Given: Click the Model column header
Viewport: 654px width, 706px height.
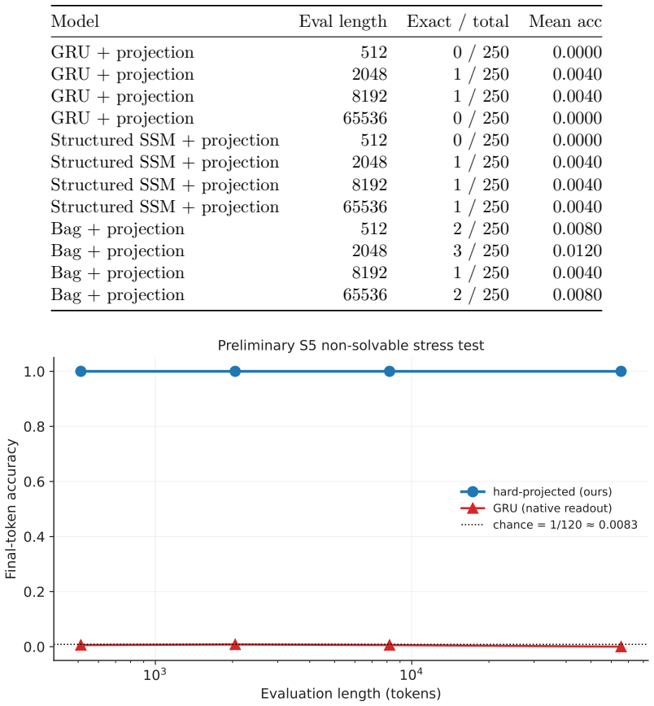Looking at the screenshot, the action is (75, 21).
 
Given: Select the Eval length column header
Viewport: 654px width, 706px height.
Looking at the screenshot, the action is (342, 22).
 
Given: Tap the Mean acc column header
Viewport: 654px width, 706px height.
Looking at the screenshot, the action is (565, 21).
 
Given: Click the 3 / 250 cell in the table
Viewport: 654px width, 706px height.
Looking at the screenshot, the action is (481, 251).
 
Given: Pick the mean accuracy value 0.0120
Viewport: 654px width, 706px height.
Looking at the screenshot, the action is (577, 251).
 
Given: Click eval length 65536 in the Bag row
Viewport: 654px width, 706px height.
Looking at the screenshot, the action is (365, 295).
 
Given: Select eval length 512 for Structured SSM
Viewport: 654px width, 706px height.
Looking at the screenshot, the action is (374, 140).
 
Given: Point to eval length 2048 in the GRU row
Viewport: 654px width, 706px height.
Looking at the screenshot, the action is (369, 74).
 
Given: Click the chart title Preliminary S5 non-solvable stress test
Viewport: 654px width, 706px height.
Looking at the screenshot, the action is (351, 346).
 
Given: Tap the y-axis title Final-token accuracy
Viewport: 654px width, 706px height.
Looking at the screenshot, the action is (11, 509).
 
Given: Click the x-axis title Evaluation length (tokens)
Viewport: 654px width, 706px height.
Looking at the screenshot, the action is (351, 693).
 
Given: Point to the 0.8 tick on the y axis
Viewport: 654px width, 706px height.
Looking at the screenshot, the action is (35, 426).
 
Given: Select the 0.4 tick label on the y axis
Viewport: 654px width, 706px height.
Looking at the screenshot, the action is (35, 537).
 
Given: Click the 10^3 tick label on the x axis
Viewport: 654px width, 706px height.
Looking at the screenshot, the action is (155, 674).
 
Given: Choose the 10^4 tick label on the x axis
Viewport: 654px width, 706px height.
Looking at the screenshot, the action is (412, 674).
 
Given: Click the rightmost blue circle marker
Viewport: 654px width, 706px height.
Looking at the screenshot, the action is (621, 372).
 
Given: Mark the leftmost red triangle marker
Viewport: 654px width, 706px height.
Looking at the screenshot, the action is (81, 645).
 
